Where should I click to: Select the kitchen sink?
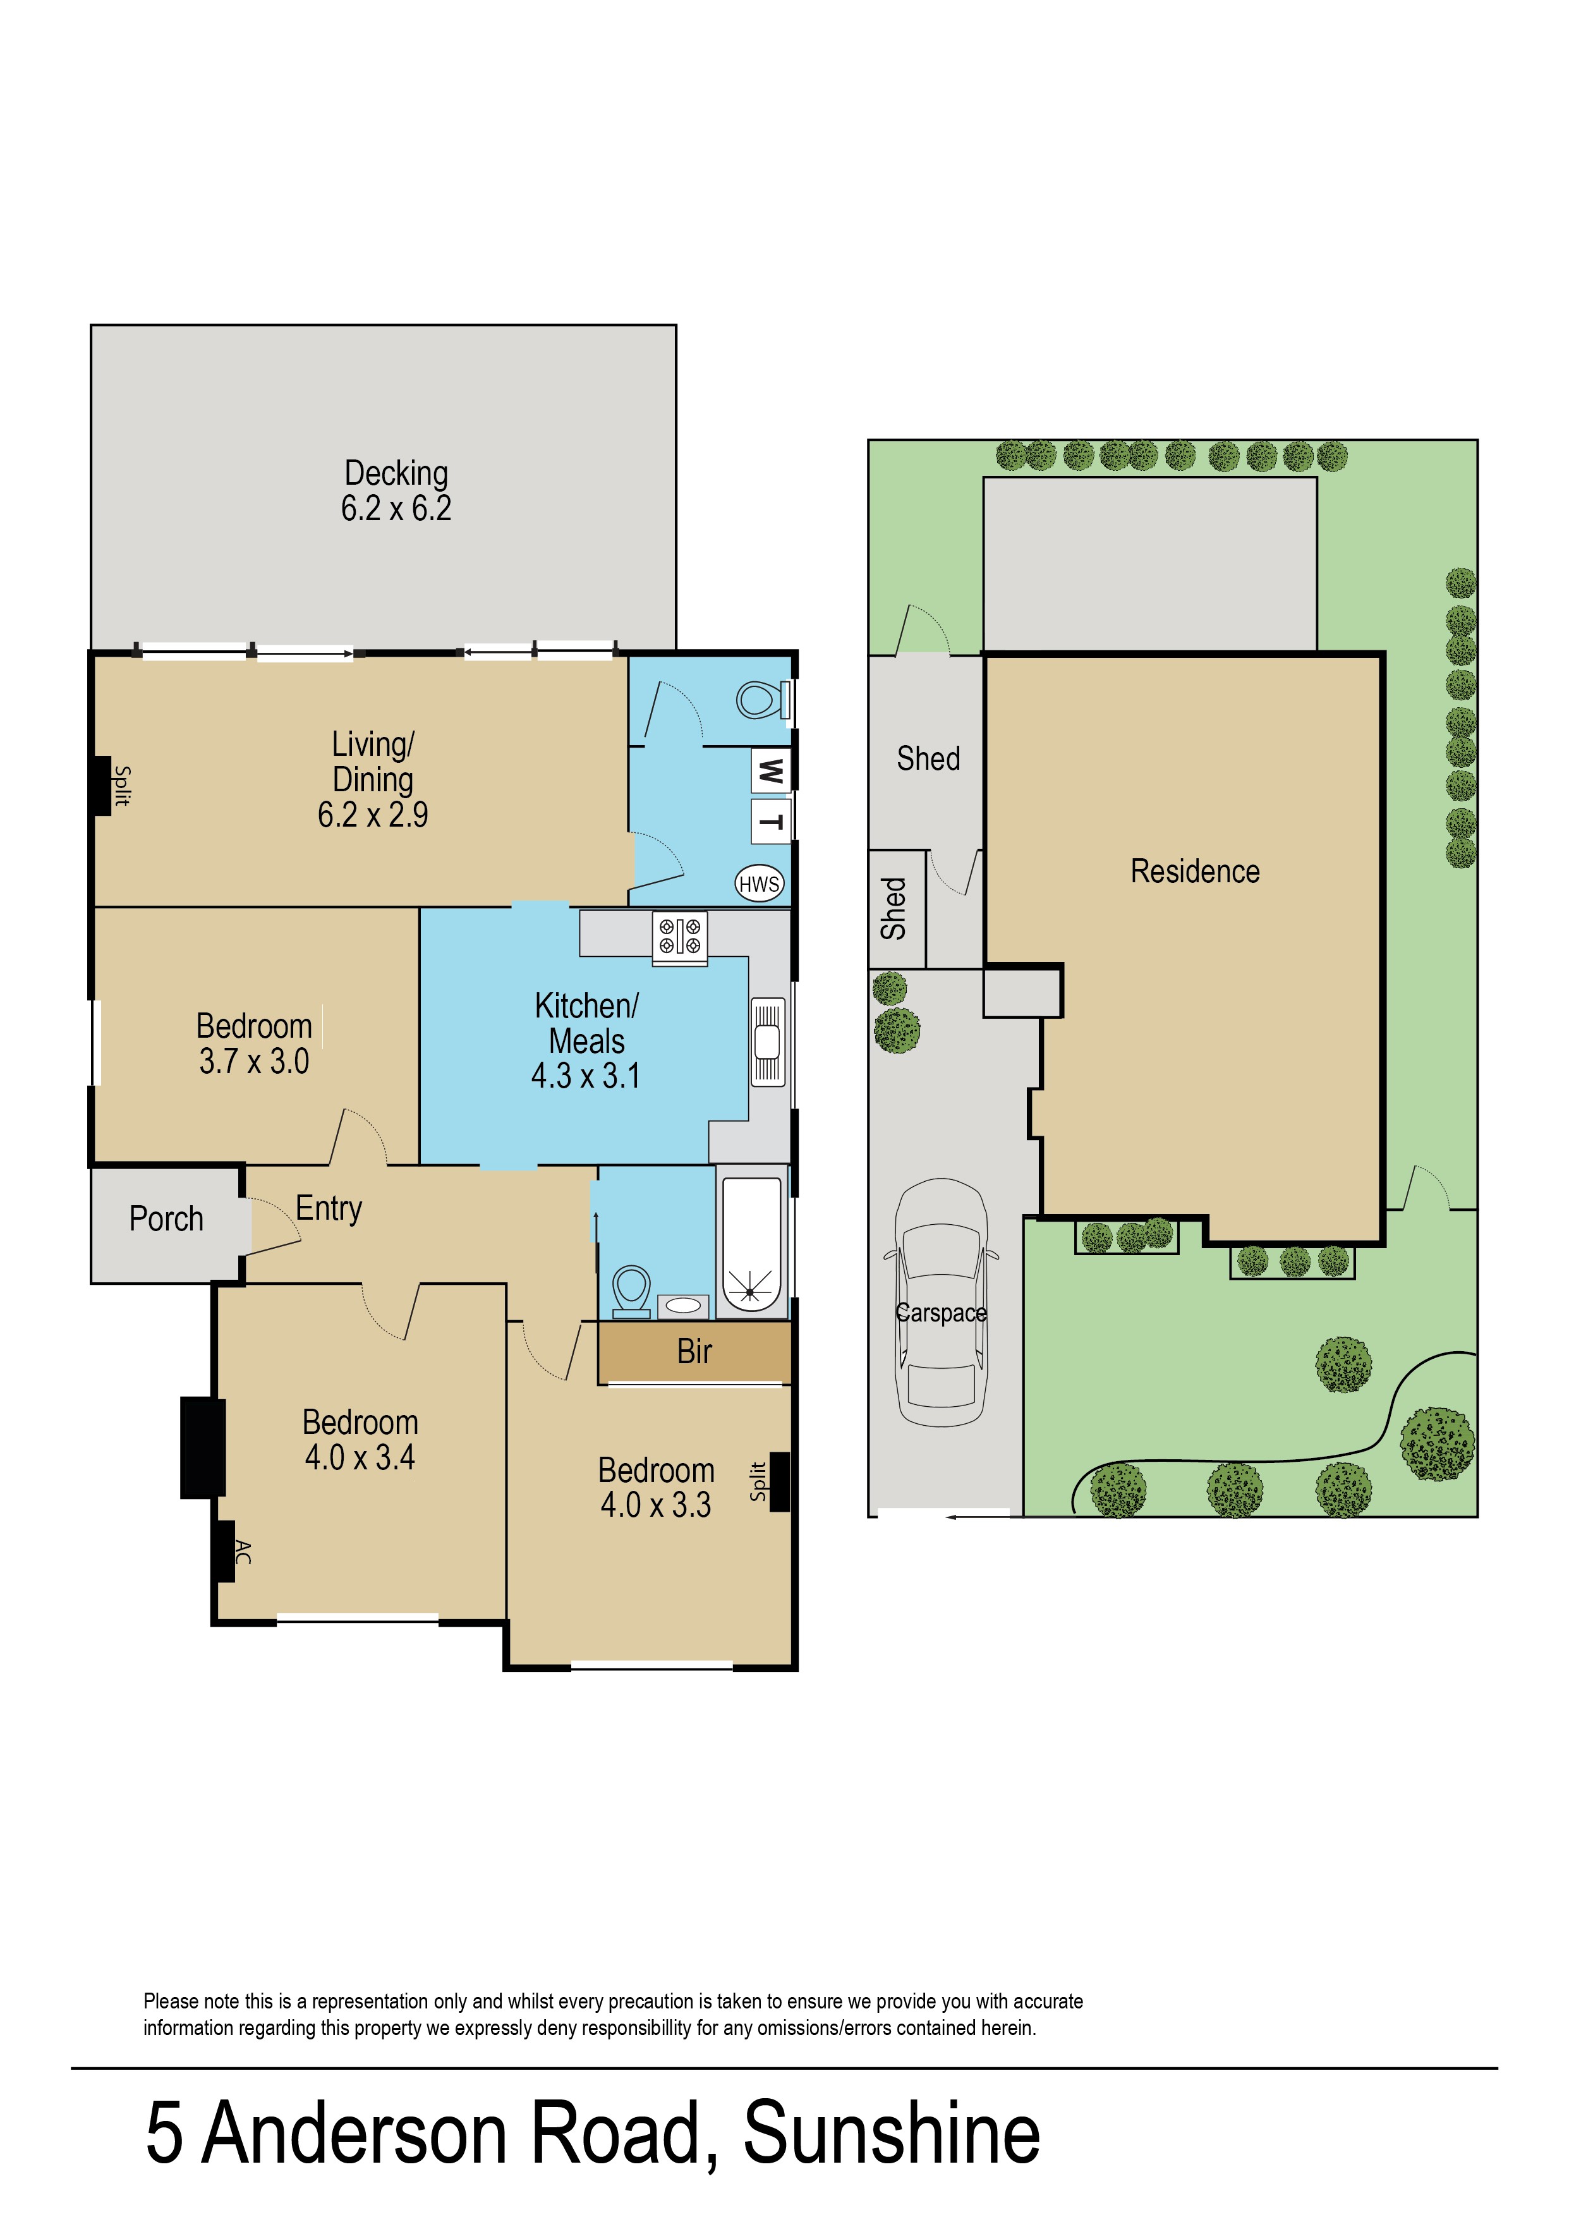(768, 1042)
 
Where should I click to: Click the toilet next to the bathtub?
(631, 1292)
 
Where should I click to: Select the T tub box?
(771, 821)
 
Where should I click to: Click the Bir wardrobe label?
(694, 1351)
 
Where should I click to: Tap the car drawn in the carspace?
(941, 1302)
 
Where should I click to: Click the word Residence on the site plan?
(1195, 872)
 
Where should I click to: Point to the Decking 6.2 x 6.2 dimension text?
(396, 508)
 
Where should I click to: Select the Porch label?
(166, 1219)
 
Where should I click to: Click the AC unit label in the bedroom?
(243, 1552)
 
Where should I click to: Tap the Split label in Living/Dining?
(122, 786)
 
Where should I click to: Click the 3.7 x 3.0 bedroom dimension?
(254, 1062)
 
